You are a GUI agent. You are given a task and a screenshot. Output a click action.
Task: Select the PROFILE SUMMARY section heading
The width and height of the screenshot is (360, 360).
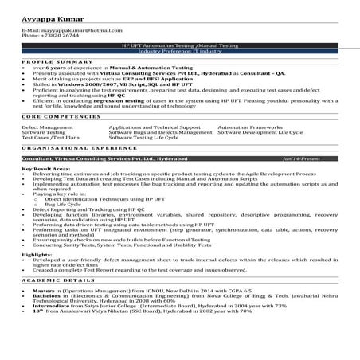(x=53, y=61)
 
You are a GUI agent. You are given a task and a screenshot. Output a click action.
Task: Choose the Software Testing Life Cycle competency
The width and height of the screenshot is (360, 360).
(x=144, y=137)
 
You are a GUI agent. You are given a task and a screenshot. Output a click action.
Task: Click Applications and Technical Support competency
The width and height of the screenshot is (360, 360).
(x=154, y=126)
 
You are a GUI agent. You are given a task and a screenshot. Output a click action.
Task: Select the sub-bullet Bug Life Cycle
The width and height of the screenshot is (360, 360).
(x=63, y=204)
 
